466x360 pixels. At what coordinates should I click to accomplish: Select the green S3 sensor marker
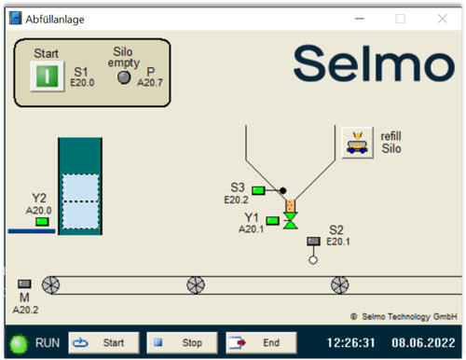(258, 190)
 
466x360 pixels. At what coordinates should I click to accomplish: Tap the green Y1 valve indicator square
(272, 220)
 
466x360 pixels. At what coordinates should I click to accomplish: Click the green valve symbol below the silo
(290, 221)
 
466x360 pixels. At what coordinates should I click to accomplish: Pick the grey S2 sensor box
(313, 242)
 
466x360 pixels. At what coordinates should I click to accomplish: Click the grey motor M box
(24, 284)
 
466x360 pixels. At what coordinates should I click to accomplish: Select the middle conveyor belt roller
(195, 284)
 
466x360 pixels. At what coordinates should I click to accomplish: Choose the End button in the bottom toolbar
(260, 342)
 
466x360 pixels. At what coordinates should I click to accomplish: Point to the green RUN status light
(18, 342)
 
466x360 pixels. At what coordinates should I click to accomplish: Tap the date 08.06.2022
(424, 342)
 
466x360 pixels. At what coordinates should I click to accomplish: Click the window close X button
(442, 18)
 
